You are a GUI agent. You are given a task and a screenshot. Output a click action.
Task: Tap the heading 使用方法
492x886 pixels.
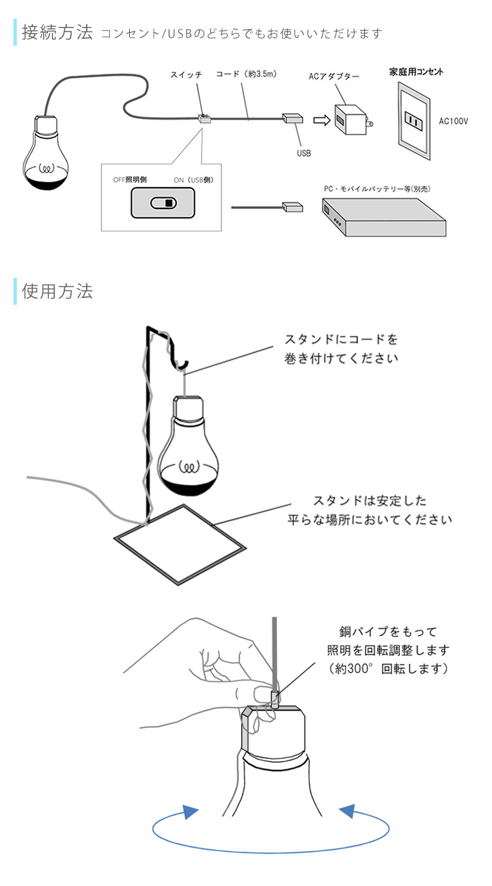tap(57, 291)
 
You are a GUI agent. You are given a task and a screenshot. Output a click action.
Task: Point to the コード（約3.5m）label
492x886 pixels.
tap(246, 74)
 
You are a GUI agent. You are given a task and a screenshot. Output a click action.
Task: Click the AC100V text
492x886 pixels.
tap(454, 121)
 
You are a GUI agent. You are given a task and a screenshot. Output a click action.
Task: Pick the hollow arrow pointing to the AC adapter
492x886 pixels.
tap(320, 120)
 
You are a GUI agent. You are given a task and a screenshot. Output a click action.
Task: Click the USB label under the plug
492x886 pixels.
tap(303, 153)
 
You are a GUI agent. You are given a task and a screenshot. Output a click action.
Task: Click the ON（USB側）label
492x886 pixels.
tap(194, 180)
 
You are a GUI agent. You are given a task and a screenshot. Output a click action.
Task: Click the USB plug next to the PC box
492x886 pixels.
tap(292, 206)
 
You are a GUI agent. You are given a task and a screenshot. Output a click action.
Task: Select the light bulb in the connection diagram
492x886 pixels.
tap(46, 155)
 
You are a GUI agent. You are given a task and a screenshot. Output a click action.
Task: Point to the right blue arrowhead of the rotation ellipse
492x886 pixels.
tap(348, 812)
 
